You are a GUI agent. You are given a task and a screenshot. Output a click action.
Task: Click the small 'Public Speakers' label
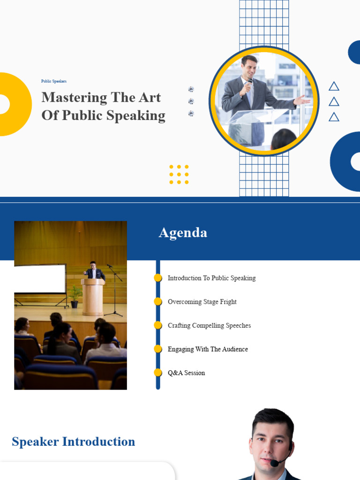pos(54,81)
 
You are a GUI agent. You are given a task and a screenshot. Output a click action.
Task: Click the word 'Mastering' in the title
pos(74,97)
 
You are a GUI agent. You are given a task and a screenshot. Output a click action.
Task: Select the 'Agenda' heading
pos(183,232)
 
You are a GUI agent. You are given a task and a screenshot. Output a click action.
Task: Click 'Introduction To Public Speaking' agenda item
pos(211,278)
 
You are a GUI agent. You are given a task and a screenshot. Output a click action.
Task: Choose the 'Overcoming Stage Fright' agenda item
pos(202,302)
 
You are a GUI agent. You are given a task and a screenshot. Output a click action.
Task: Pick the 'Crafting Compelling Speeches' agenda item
pos(209,325)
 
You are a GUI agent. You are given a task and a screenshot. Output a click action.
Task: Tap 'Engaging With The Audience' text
pos(208,349)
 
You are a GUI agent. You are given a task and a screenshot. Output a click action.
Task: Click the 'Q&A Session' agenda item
pos(186,373)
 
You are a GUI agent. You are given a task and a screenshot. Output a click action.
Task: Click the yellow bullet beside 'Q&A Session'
pos(158,373)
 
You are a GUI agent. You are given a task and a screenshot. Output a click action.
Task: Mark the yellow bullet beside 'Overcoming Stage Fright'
pos(158,301)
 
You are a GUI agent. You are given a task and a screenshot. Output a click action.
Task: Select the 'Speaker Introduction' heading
pos(74,442)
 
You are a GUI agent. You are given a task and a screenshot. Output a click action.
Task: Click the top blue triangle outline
pos(334,87)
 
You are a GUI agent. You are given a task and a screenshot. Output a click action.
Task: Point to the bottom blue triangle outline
pos(334,117)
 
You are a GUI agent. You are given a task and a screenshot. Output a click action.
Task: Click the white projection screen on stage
pos(40,278)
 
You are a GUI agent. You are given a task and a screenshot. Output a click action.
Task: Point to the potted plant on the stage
pos(74,296)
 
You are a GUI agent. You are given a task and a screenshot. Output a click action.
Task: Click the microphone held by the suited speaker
pos(250,83)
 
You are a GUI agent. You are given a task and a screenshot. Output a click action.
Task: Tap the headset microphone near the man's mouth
pos(274,463)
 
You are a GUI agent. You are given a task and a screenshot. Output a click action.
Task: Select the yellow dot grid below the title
pos(179,174)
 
